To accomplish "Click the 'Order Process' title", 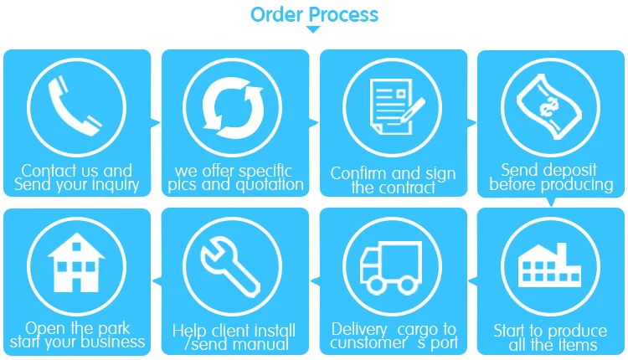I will point(314,14).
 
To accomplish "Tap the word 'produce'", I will point(574,331).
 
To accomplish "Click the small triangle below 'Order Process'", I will point(313,30).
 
